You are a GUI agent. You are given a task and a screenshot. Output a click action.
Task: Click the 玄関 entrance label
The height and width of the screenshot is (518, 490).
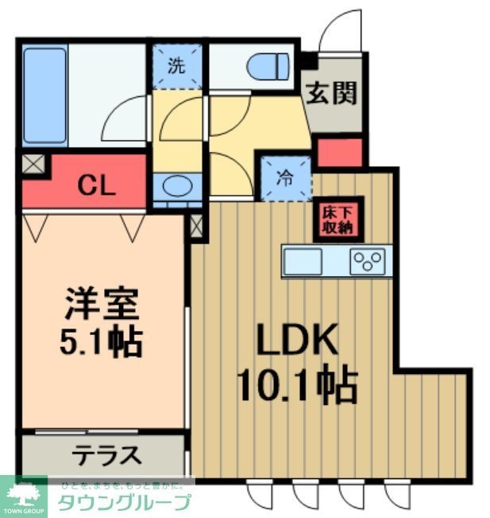(x=332, y=92)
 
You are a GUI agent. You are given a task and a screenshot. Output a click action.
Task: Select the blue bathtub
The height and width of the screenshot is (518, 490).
(x=44, y=95)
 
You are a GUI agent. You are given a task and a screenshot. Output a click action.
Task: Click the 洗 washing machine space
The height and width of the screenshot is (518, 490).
(x=176, y=66)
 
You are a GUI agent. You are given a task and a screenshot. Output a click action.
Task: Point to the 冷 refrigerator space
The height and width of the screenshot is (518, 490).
(x=284, y=179)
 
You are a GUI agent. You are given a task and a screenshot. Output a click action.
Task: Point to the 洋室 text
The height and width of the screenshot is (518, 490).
(x=101, y=303)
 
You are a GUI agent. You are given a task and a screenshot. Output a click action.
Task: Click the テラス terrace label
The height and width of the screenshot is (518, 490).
(x=107, y=456)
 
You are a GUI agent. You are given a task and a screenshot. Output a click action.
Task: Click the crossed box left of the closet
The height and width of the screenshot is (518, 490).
(x=33, y=166)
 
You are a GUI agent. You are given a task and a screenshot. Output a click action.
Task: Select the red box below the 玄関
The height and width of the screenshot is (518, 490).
(x=339, y=152)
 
